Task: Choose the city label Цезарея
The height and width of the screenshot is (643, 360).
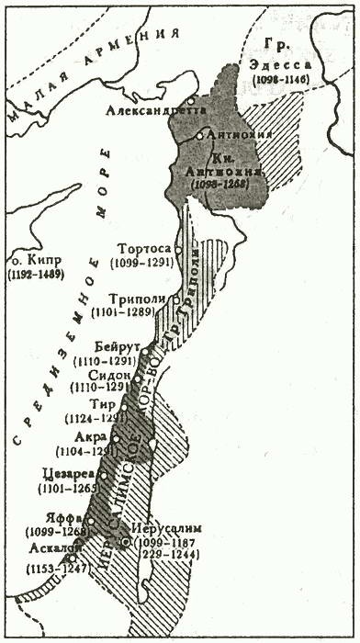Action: (x=69, y=474)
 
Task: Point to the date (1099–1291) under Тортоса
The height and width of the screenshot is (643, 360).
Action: (x=141, y=263)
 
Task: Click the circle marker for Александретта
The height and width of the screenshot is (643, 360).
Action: (x=189, y=102)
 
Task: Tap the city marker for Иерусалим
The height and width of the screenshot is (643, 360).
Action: (x=125, y=542)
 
